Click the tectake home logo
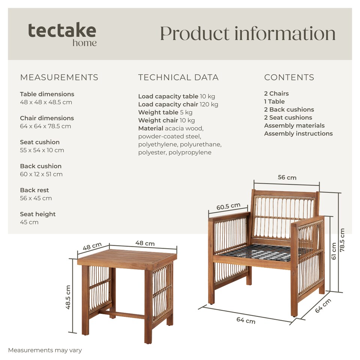click(62, 34)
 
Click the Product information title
click(248, 34)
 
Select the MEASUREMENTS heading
click(59, 77)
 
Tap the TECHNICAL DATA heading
click(178, 77)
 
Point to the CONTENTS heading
click(289, 77)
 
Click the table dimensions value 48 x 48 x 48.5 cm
click(46, 102)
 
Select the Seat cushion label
click(40, 142)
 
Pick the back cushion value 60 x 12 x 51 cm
click(41, 174)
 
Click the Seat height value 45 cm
click(29, 222)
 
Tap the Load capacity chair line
click(178, 105)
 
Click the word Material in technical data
click(151, 128)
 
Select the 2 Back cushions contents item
click(289, 109)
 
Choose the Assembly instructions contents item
click(298, 133)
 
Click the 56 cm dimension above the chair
click(287, 177)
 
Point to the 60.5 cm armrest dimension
click(228, 206)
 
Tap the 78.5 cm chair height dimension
click(342, 240)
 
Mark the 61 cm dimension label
click(334, 251)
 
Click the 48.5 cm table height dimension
click(68, 297)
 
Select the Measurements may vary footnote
click(45, 350)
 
